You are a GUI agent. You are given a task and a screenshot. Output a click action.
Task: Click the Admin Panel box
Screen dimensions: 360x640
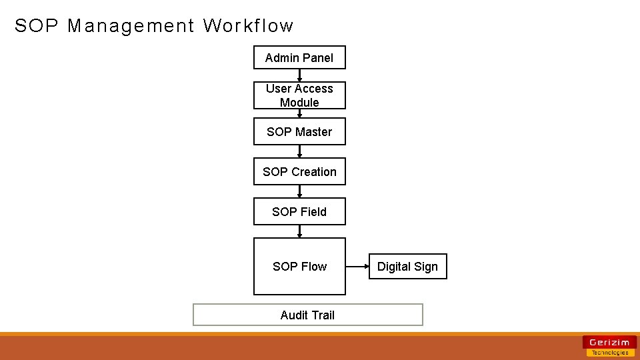(299, 58)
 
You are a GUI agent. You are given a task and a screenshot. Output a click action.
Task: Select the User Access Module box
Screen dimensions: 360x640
(299, 95)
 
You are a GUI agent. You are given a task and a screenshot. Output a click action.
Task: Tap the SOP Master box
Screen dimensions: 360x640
(299, 132)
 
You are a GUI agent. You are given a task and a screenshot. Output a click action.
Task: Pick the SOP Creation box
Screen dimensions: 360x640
(299, 172)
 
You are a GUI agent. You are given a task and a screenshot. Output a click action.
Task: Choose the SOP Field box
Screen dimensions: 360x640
(299, 212)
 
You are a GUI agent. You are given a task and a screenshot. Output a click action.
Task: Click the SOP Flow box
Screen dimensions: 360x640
(299, 267)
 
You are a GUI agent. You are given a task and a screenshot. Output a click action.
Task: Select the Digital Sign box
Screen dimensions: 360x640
(407, 267)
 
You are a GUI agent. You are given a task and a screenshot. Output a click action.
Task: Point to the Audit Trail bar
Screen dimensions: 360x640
(307, 315)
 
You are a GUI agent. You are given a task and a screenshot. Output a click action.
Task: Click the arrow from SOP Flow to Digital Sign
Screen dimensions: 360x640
(357, 267)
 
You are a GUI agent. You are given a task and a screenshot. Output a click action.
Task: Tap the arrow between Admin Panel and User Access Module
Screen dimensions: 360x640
(299, 75)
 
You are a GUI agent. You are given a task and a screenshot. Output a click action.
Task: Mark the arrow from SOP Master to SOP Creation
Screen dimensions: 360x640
(299, 152)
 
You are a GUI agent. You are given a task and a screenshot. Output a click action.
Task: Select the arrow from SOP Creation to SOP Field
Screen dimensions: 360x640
(299, 191)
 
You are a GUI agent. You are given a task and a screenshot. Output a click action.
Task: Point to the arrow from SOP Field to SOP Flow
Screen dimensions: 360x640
(299, 231)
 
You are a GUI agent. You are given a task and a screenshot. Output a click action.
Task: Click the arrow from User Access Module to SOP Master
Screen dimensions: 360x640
(299, 113)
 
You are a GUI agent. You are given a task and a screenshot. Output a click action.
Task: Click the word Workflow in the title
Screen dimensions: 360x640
(248, 26)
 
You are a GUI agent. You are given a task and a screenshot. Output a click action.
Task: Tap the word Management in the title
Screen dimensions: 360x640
(131, 26)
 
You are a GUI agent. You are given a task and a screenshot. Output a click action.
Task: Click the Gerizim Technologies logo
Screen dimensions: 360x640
(609, 346)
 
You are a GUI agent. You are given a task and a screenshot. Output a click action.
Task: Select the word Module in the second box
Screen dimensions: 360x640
(299, 103)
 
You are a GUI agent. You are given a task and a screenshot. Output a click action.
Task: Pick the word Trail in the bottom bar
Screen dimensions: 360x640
(322, 315)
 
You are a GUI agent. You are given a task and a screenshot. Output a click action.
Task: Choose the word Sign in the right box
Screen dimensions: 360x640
(425, 267)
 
